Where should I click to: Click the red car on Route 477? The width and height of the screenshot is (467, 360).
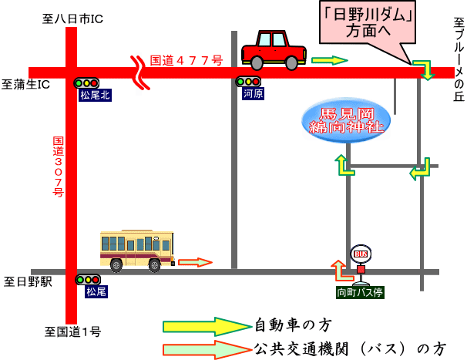(274, 50)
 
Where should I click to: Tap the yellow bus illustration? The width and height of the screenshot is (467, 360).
(137, 251)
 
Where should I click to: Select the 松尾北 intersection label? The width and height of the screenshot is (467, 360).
(95, 96)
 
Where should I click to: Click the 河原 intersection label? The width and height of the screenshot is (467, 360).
(253, 94)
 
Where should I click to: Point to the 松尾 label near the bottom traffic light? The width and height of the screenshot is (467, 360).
(96, 291)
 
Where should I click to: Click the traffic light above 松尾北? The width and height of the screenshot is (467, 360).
(86, 83)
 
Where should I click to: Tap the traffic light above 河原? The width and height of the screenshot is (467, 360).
(248, 82)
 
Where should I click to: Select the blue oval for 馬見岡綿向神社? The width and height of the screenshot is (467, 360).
(346, 121)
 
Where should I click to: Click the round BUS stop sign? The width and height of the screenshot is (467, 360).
(361, 254)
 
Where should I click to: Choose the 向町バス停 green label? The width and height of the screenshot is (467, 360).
(360, 292)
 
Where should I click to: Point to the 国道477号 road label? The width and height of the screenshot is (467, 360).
(186, 60)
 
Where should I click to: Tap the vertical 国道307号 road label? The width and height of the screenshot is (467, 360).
(59, 167)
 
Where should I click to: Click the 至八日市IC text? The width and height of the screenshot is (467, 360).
(72, 19)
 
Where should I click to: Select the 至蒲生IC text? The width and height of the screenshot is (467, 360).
(25, 84)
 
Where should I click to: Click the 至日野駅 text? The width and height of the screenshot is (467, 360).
(28, 281)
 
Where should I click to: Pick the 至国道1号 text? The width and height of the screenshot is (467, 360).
(73, 331)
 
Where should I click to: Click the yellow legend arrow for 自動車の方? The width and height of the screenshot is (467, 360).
(207, 327)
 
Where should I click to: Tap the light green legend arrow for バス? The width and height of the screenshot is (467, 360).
(207, 349)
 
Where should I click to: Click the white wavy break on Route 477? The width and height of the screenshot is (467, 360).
(140, 72)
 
